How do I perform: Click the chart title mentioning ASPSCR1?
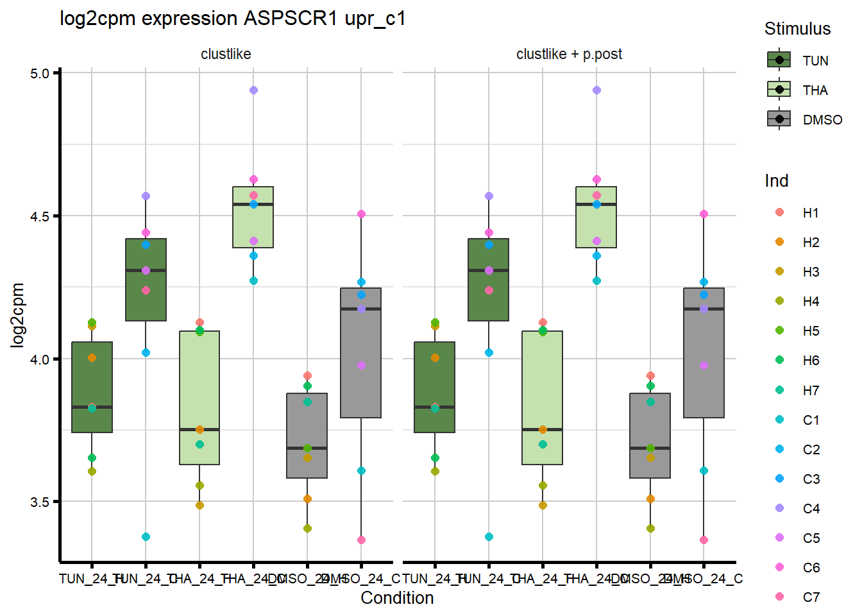pos(232,19)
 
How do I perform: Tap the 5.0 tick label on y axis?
pos(40,73)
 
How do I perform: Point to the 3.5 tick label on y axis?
pos(40,502)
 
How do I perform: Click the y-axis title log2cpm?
pos(17,315)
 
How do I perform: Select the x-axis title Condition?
pos(397,598)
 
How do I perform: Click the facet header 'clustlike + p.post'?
pos(569,54)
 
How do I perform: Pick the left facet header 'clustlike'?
pos(226,54)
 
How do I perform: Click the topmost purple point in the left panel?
pos(253,90)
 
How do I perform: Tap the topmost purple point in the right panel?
pos(596,90)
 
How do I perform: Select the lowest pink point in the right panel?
pos(704,540)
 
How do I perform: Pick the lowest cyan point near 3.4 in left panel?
pos(146,536)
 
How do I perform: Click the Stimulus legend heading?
pos(797,29)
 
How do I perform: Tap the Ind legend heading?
pos(776,181)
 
